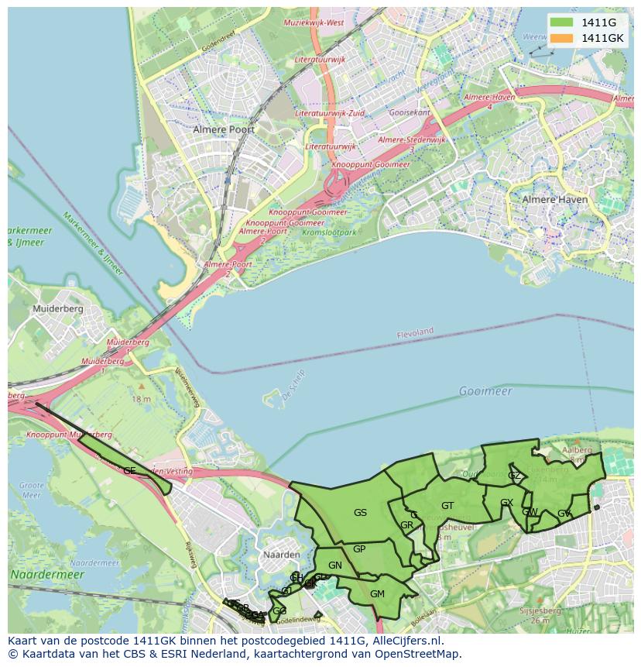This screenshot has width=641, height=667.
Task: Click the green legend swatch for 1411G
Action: (562, 22)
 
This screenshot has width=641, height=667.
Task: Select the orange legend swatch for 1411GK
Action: (562, 38)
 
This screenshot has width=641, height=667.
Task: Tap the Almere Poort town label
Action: (224, 129)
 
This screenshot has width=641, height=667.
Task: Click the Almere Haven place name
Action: (555, 199)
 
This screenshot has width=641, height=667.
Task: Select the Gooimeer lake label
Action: (485, 391)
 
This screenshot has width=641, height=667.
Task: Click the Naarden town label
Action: (281, 555)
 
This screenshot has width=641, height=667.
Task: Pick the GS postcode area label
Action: (360, 512)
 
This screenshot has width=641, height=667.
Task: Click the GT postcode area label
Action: (447, 506)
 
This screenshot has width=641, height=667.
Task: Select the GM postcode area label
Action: (377, 594)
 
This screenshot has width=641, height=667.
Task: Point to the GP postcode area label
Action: (359, 549)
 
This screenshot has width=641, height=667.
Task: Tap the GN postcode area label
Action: (335, 566)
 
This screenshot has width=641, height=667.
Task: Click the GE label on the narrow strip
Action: (129, 470)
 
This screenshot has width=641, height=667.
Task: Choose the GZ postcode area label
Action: (514, 476)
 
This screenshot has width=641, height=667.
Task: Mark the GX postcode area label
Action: (507, 503)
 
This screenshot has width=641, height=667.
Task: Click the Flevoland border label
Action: (415, 332)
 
